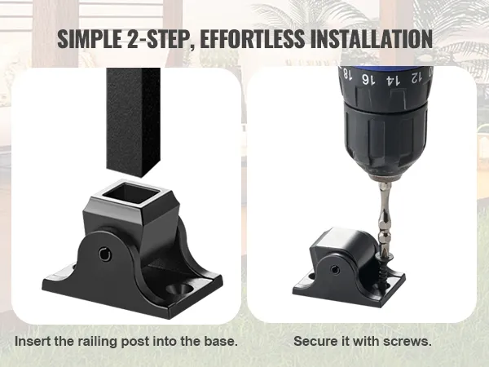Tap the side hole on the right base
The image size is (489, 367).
[337, 266]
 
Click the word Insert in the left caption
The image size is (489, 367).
[34, 340]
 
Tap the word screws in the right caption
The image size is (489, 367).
[408, 340]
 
